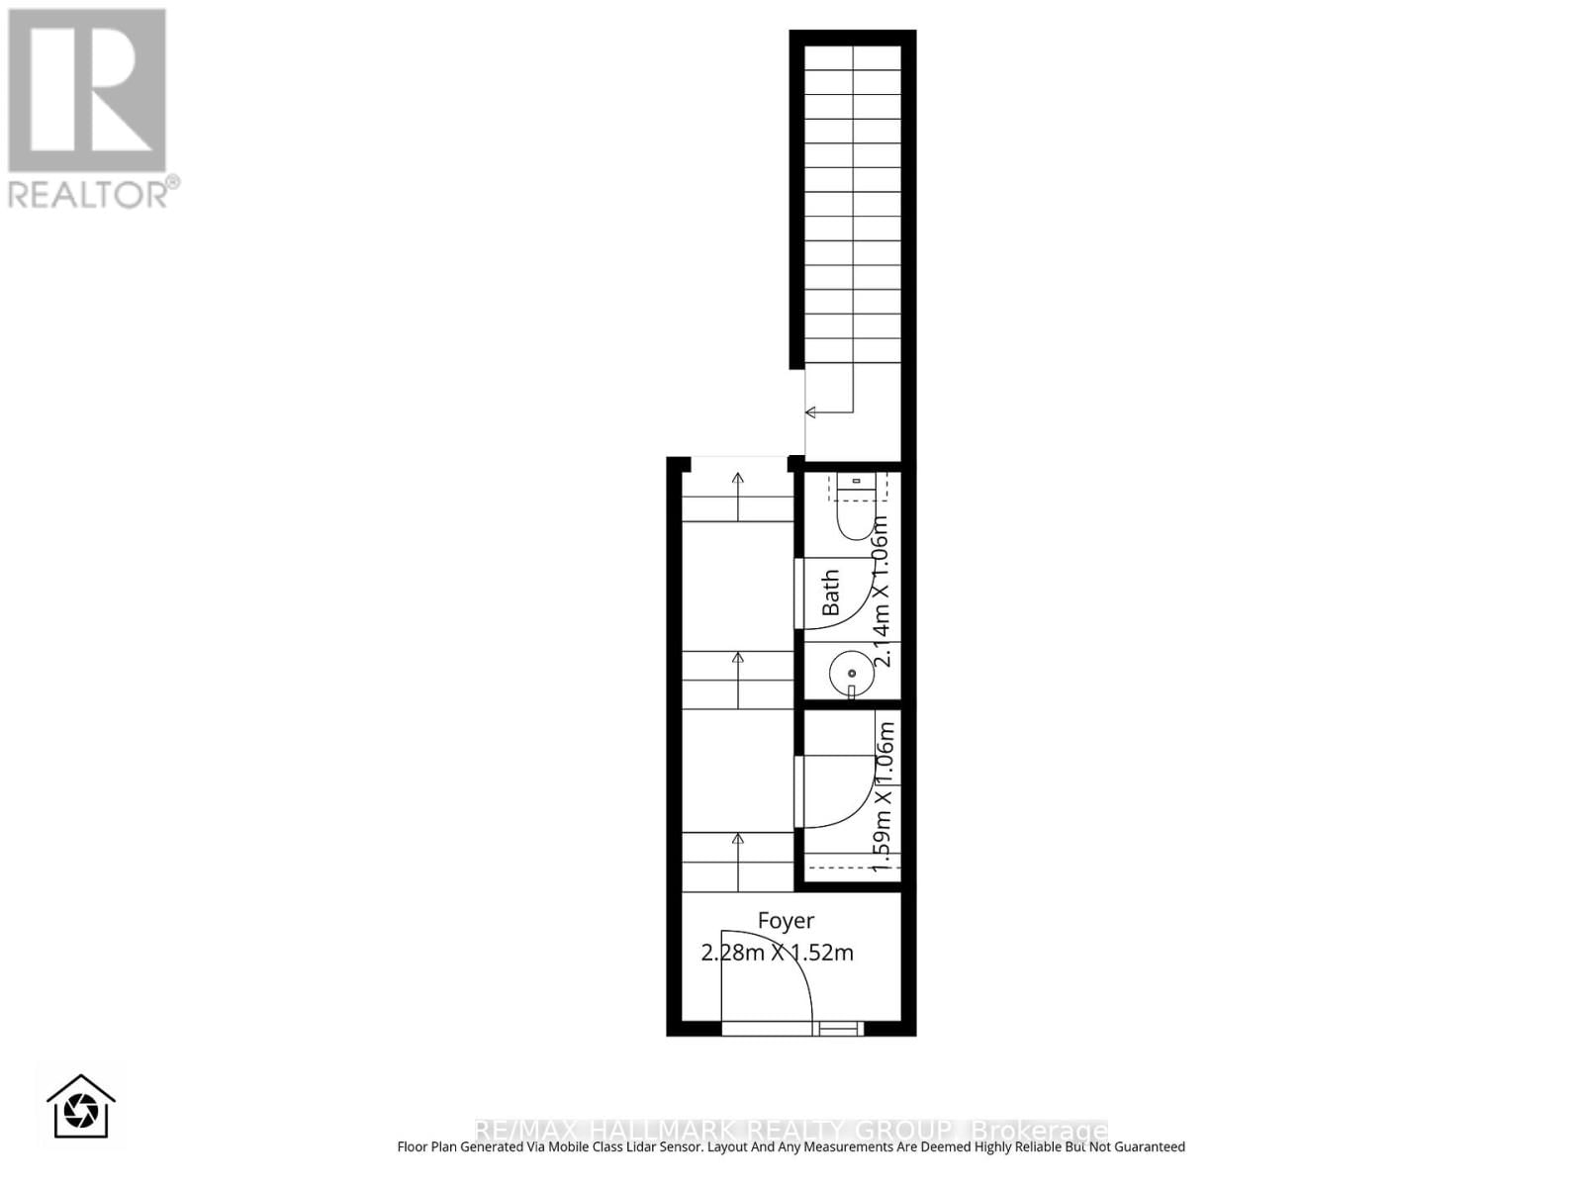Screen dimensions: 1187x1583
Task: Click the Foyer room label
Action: [786, 921]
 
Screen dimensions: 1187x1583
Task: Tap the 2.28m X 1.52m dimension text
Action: [777, 953]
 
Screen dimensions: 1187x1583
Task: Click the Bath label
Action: [831, 592]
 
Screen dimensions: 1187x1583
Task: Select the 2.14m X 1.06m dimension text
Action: [881, 592]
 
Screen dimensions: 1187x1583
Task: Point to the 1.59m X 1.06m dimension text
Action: [884, 796]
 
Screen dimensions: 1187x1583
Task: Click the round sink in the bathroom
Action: [851, 673]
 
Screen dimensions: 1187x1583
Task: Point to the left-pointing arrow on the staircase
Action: [811, 411]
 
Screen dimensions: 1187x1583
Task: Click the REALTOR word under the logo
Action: [89, 193]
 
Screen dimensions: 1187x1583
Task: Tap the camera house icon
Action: [81, 1107]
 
